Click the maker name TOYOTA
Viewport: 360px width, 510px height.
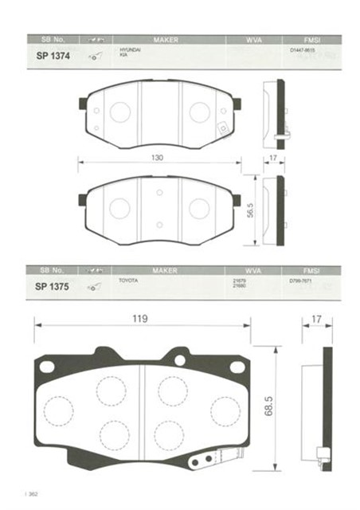point(127,281)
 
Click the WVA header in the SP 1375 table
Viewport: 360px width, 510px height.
point(238,270)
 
